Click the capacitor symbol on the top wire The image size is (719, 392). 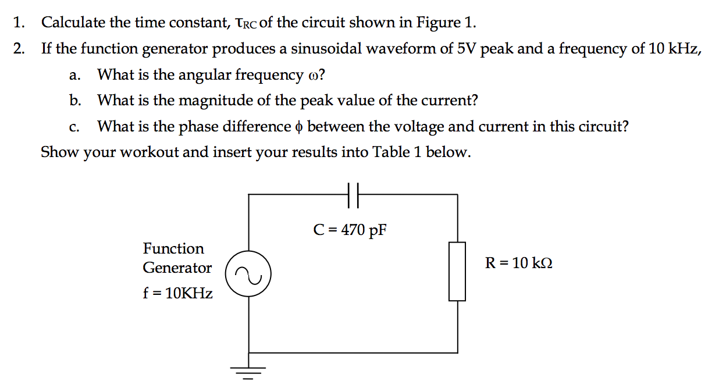tap(353, 195)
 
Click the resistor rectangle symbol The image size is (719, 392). tap(457, 272)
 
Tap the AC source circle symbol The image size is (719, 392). tap(249, 277)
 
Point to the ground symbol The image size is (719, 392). tap(249, 370)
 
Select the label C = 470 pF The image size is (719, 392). tap(350, 230)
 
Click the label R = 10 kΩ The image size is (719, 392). tap(519, 263)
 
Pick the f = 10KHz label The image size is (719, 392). tap(177, 293)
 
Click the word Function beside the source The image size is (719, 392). tap(173, 248)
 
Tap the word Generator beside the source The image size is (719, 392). tap(177, 268)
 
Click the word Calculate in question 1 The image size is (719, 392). tap(73, 23)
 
